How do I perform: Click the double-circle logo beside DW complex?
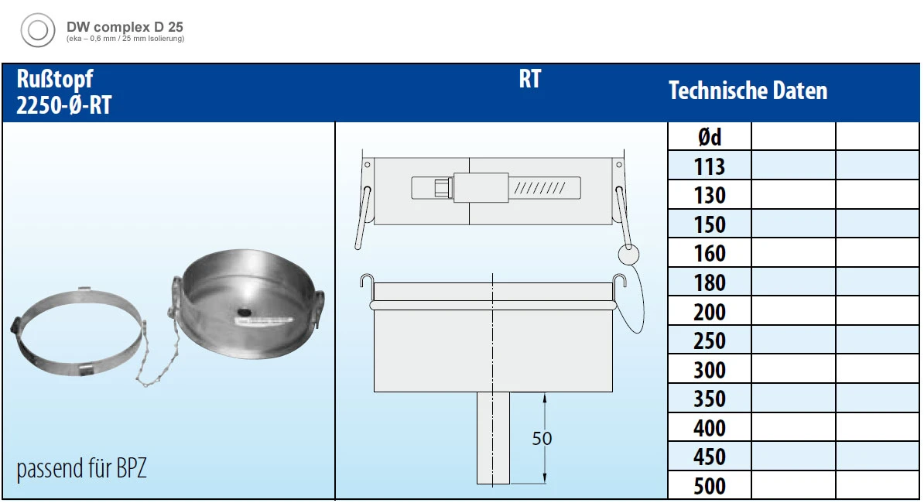pos(38,30)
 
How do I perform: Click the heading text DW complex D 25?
pos(125,27)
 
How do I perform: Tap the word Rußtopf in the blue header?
pos(55,80)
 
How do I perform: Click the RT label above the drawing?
pos(530,79)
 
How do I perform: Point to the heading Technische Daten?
pos(748,91)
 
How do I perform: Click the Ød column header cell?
pos(710,137)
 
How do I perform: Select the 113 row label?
pos(710,166)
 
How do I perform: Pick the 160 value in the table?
pos(710,254)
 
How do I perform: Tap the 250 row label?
pos(710,341)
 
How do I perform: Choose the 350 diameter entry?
pos(710,399)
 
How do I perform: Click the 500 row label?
pos(710,487)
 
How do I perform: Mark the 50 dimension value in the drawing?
pos(542,439)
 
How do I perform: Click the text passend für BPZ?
pos(81,469)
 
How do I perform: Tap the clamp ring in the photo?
pos(78,333)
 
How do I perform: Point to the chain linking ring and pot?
pos(157,354)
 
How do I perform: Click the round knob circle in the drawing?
pos(628,255)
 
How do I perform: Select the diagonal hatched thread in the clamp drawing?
pos(539,189)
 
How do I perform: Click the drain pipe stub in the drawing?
pos(493,438)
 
